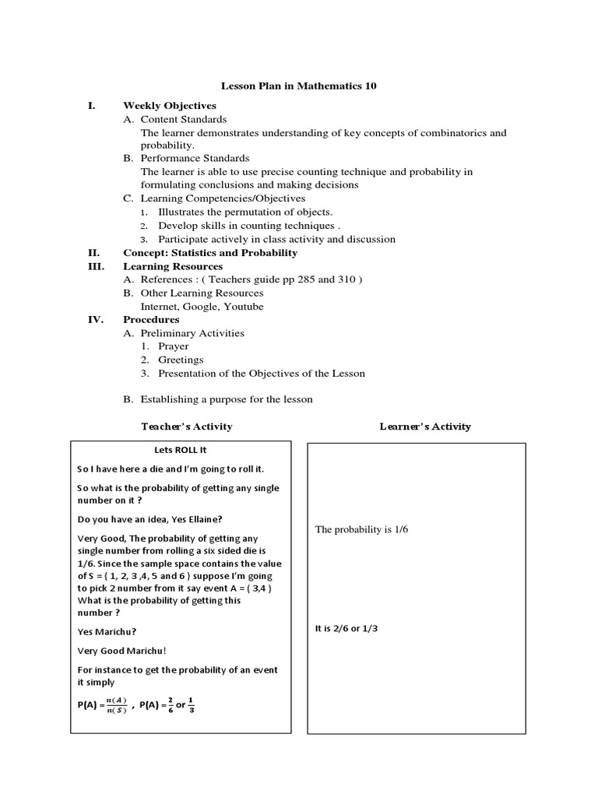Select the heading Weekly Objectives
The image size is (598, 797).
[170, 106]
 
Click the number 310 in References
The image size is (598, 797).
[347, 279]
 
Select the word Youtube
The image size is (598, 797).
[244, 306]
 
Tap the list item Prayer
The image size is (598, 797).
[173, 346]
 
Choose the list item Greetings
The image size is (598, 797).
[181, 360]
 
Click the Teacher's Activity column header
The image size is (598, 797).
[186, 427]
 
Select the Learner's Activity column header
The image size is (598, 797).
[425, 427]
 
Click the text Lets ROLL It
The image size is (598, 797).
[180, 450]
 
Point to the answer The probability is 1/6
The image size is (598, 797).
[361, 529]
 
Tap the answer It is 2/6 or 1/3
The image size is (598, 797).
[346, 628]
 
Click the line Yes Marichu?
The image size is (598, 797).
[106, 632]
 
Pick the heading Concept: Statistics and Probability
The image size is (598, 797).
[210, 253]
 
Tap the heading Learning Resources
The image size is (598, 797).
[173, 266]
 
